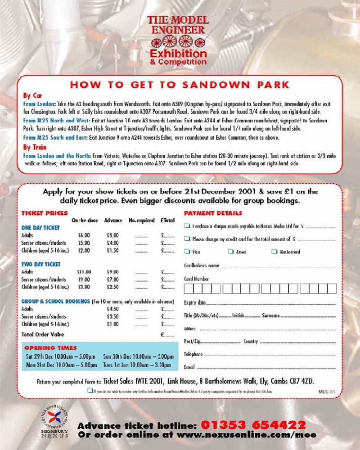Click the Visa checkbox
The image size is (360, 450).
click(187, 252)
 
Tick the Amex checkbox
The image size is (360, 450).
click(230, 252)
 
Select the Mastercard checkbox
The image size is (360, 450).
click(274, 252)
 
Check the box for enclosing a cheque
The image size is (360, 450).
click(187, 226)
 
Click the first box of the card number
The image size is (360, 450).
click(189, 288)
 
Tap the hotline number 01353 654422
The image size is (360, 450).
click(253, 425)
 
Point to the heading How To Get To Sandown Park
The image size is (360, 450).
click(180, 85)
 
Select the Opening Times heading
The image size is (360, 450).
click(50, 348)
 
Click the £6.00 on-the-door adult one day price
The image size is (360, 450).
click(84, 235)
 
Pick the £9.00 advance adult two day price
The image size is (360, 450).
click(112, 272)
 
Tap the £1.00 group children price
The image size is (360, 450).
click(112, 324)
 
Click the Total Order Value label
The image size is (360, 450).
click(43, 334)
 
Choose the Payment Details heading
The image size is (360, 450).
click(213, 213)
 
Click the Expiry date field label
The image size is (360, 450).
click(195, 302)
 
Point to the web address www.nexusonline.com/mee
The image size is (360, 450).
click(246, 435)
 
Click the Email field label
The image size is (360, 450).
click(189, 367)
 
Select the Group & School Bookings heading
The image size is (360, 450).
click(55, 301)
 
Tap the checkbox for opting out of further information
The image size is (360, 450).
click(90, 391)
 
